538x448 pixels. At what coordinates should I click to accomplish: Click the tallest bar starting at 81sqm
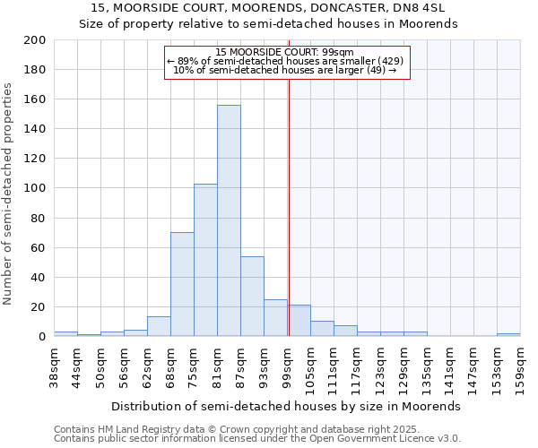coord(229,220)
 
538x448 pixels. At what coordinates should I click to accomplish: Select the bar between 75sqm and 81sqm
coord(205,260)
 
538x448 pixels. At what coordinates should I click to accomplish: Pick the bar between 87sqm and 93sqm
coord(252,296)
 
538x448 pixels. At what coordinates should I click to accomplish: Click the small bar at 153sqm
coord(508,334)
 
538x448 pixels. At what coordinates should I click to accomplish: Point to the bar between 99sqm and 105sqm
coord(299,321)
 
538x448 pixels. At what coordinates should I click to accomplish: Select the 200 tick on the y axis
coord(35,40)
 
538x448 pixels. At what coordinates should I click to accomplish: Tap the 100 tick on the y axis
coord(35,188)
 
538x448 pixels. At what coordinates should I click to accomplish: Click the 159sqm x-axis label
coord(520,366)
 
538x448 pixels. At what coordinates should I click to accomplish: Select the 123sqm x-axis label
coord(380,366)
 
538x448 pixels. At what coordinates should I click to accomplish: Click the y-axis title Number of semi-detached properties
coord(8,193)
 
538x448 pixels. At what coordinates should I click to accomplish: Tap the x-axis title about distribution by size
coord(287,406)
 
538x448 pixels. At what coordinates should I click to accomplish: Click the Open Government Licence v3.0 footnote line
coord(256,438)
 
